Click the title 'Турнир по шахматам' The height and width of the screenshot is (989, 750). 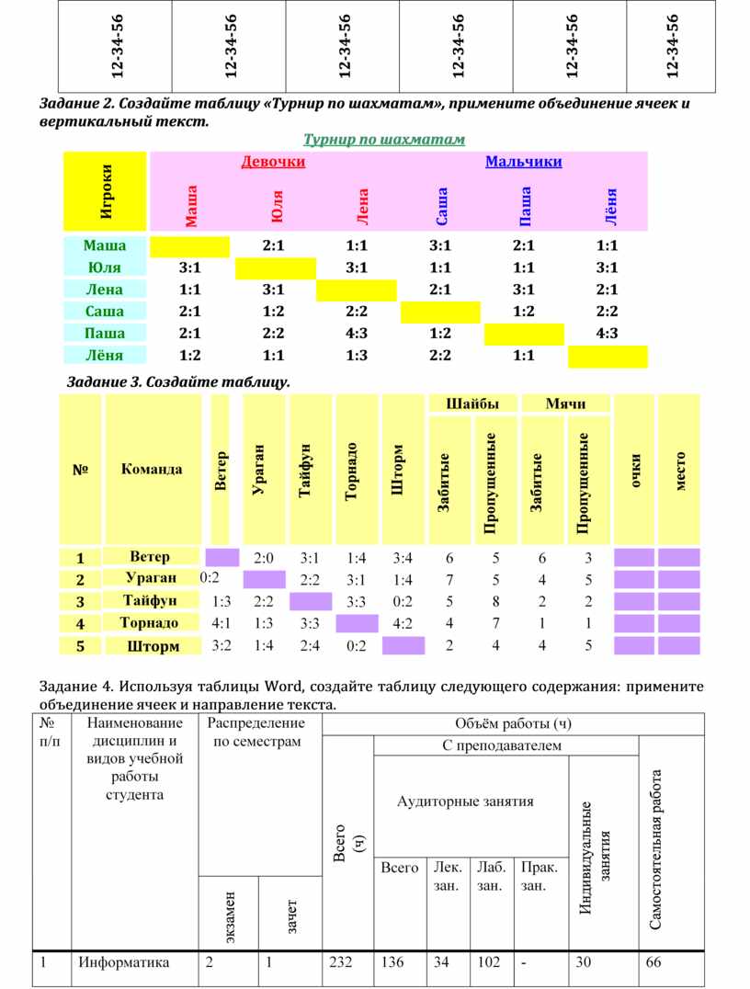tap(384, 140)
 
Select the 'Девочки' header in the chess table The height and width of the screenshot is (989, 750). tap(273, 163)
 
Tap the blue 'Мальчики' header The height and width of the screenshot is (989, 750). tap(523, 163)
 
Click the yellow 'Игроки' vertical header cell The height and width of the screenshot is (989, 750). tap(106, 190)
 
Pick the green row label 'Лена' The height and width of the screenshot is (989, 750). tap(105, 290)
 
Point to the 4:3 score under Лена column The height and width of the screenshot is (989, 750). tap(357, 334)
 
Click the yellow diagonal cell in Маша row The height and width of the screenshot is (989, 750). tap(189, 246)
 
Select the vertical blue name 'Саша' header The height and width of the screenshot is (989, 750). tap(442, 206)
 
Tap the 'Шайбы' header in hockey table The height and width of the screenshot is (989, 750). tap(472, 404)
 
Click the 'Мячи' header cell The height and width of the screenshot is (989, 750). tap(565, 404)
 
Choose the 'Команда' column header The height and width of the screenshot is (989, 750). tap(152, 469)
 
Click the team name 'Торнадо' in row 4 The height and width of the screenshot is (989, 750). tap(149, 623)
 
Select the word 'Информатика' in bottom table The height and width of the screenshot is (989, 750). tap(124, 963)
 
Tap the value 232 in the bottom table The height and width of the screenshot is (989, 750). tap(340, 963)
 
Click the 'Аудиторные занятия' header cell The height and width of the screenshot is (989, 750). tap(465, 801)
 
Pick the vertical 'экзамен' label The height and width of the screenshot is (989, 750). tap(230, 917)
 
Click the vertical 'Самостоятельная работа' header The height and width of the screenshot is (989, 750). tap(656, 849)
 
